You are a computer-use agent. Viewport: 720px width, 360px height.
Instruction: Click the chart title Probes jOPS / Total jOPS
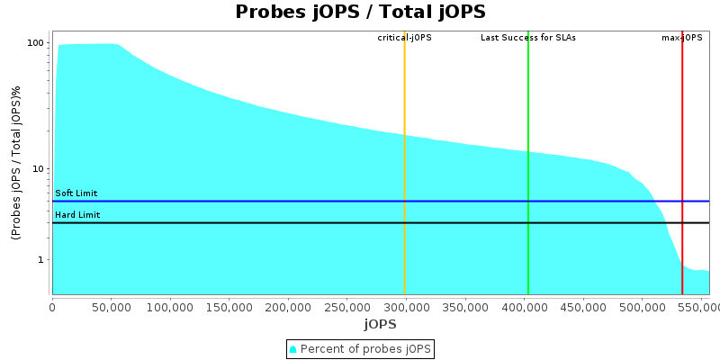[360, 12]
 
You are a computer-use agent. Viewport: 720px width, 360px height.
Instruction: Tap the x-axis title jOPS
[380, 323]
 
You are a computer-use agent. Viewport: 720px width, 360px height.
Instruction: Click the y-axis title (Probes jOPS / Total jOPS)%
[16, 163]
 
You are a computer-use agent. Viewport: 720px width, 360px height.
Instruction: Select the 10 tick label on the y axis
[39, 169]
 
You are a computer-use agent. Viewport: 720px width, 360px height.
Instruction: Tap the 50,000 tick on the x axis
[111, 307]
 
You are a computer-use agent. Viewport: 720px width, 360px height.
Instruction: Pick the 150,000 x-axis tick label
[229, 307]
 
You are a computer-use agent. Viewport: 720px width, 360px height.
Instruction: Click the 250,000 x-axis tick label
[346, 307]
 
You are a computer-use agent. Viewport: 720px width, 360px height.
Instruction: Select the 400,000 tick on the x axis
[524, 307]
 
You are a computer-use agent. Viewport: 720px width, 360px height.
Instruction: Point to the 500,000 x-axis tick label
[642, 307]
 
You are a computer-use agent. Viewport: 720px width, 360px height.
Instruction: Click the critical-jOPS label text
[404, 38]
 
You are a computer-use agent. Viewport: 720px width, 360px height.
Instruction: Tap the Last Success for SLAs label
[527, 38]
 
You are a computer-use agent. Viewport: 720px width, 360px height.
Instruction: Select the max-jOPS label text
[681, 38]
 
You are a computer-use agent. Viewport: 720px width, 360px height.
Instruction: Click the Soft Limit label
[76, 193]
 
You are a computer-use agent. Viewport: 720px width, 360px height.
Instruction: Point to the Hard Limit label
[77, 215]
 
